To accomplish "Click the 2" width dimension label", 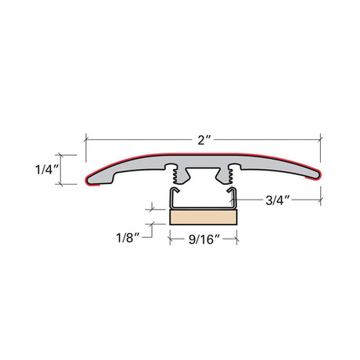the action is pyautogui.click(x=203, y=140).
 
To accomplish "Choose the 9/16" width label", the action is pyautogui.click(x=204, y=239).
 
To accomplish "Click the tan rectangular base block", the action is pyautogui.click(x=203, y=218).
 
